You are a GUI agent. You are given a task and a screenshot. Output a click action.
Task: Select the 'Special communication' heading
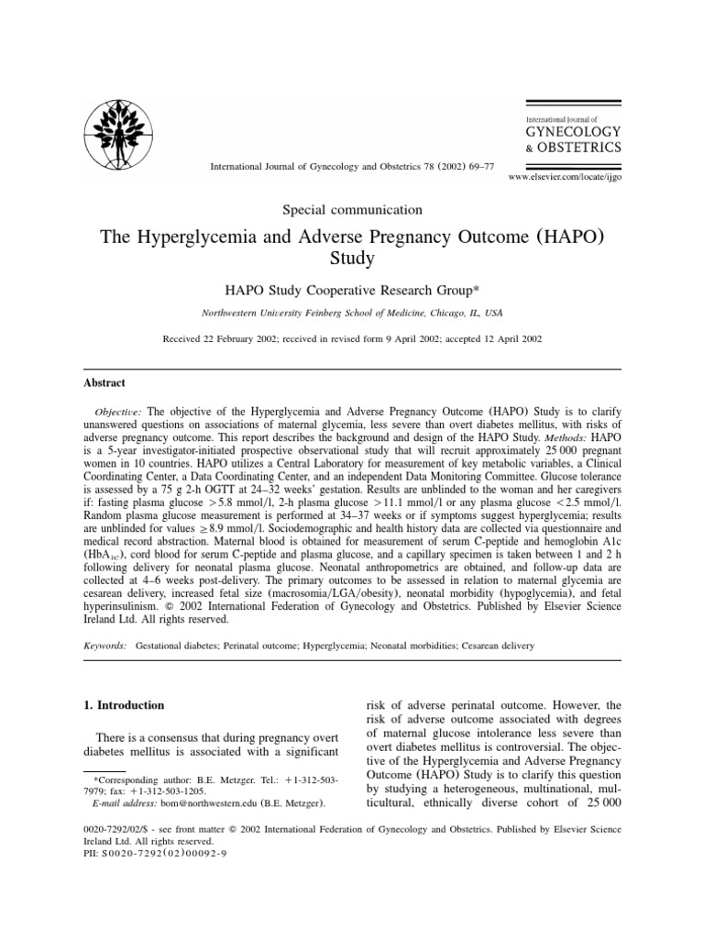tap(352, 210)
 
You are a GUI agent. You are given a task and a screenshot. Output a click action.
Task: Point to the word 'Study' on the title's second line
tap(352, 260)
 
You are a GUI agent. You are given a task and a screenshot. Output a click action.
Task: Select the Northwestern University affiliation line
tap(352, 312)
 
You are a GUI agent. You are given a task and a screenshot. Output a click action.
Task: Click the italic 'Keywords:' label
tap(104, 646)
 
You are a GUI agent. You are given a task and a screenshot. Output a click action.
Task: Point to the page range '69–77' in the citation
tap(476, 168)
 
